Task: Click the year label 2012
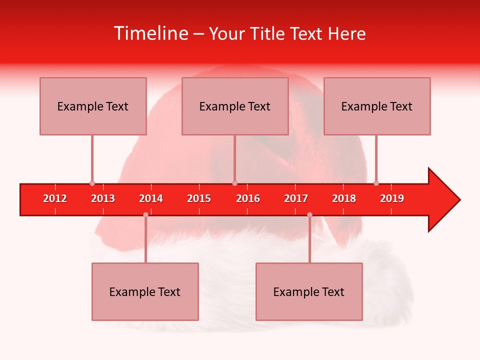click(55, 198)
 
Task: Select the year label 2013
click(103, 198)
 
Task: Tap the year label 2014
click(151, 198)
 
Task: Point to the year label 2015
click(199, 198)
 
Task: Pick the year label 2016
click(248, 198)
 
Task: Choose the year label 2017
click(296, 198)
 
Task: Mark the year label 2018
click(344, 198)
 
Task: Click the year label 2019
click(392, 198)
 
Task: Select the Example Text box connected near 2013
click(93, 106)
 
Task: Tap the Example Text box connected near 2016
click(235, 106)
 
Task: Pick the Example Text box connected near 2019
click(377, 106)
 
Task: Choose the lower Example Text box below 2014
click(145, 291)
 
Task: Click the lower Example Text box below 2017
click(309, 291)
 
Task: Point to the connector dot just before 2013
click(92, 183)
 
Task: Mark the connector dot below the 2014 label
click(145, 214)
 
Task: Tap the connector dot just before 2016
click(234, 183)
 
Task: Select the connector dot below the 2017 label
click(309, 214)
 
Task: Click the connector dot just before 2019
click(376, 183)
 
